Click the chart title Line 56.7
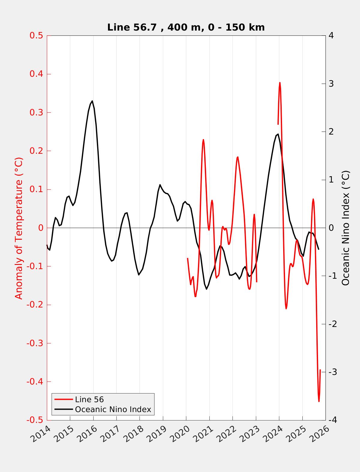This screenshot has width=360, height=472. point(186,27)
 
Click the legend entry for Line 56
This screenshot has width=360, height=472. point(89,399)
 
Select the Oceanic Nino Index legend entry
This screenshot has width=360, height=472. point(113,409)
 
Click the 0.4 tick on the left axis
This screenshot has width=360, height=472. point(36,74)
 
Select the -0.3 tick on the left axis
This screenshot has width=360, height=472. point(35,343)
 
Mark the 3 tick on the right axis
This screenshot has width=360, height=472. point(331,84)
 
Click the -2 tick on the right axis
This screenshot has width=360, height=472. point(332,324)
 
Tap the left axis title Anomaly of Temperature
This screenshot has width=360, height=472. point(19,228)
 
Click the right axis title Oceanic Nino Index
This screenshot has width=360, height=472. point(346,228)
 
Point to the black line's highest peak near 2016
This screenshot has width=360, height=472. point(92,101)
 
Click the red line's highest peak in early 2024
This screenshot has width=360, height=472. point(280,82)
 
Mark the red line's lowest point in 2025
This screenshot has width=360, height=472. point(319,401)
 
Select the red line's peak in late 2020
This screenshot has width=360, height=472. point(203,139)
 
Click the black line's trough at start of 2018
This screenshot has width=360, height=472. point(139,275)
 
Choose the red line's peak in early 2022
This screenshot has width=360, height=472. point(238,157)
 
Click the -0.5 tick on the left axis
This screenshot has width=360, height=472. point(35,420)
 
